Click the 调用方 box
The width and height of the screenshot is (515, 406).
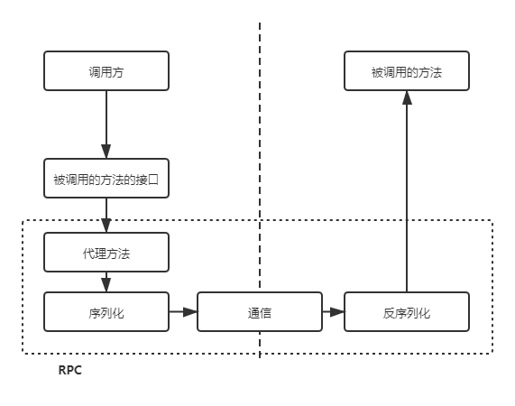point(106,71)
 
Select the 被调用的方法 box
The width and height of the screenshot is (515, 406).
point(407,71)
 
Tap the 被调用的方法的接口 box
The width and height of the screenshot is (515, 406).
point(106,180)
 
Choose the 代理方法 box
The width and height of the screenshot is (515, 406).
point(106,253)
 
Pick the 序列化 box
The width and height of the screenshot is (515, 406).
point(106,312)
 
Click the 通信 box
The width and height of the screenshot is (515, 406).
point(260,312)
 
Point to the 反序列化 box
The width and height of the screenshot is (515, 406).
point(407,312)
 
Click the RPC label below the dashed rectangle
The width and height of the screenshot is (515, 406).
point(70,370)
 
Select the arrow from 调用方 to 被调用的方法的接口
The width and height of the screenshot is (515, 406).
point(106,122)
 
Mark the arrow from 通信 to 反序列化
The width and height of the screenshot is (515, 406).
point(332,312)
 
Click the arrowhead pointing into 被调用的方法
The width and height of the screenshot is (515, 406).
point(407,98)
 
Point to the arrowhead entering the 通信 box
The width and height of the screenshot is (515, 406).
point(190,312)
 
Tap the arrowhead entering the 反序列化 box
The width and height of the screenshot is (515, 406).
point(338,312)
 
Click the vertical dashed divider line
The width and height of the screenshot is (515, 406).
point(260,135)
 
